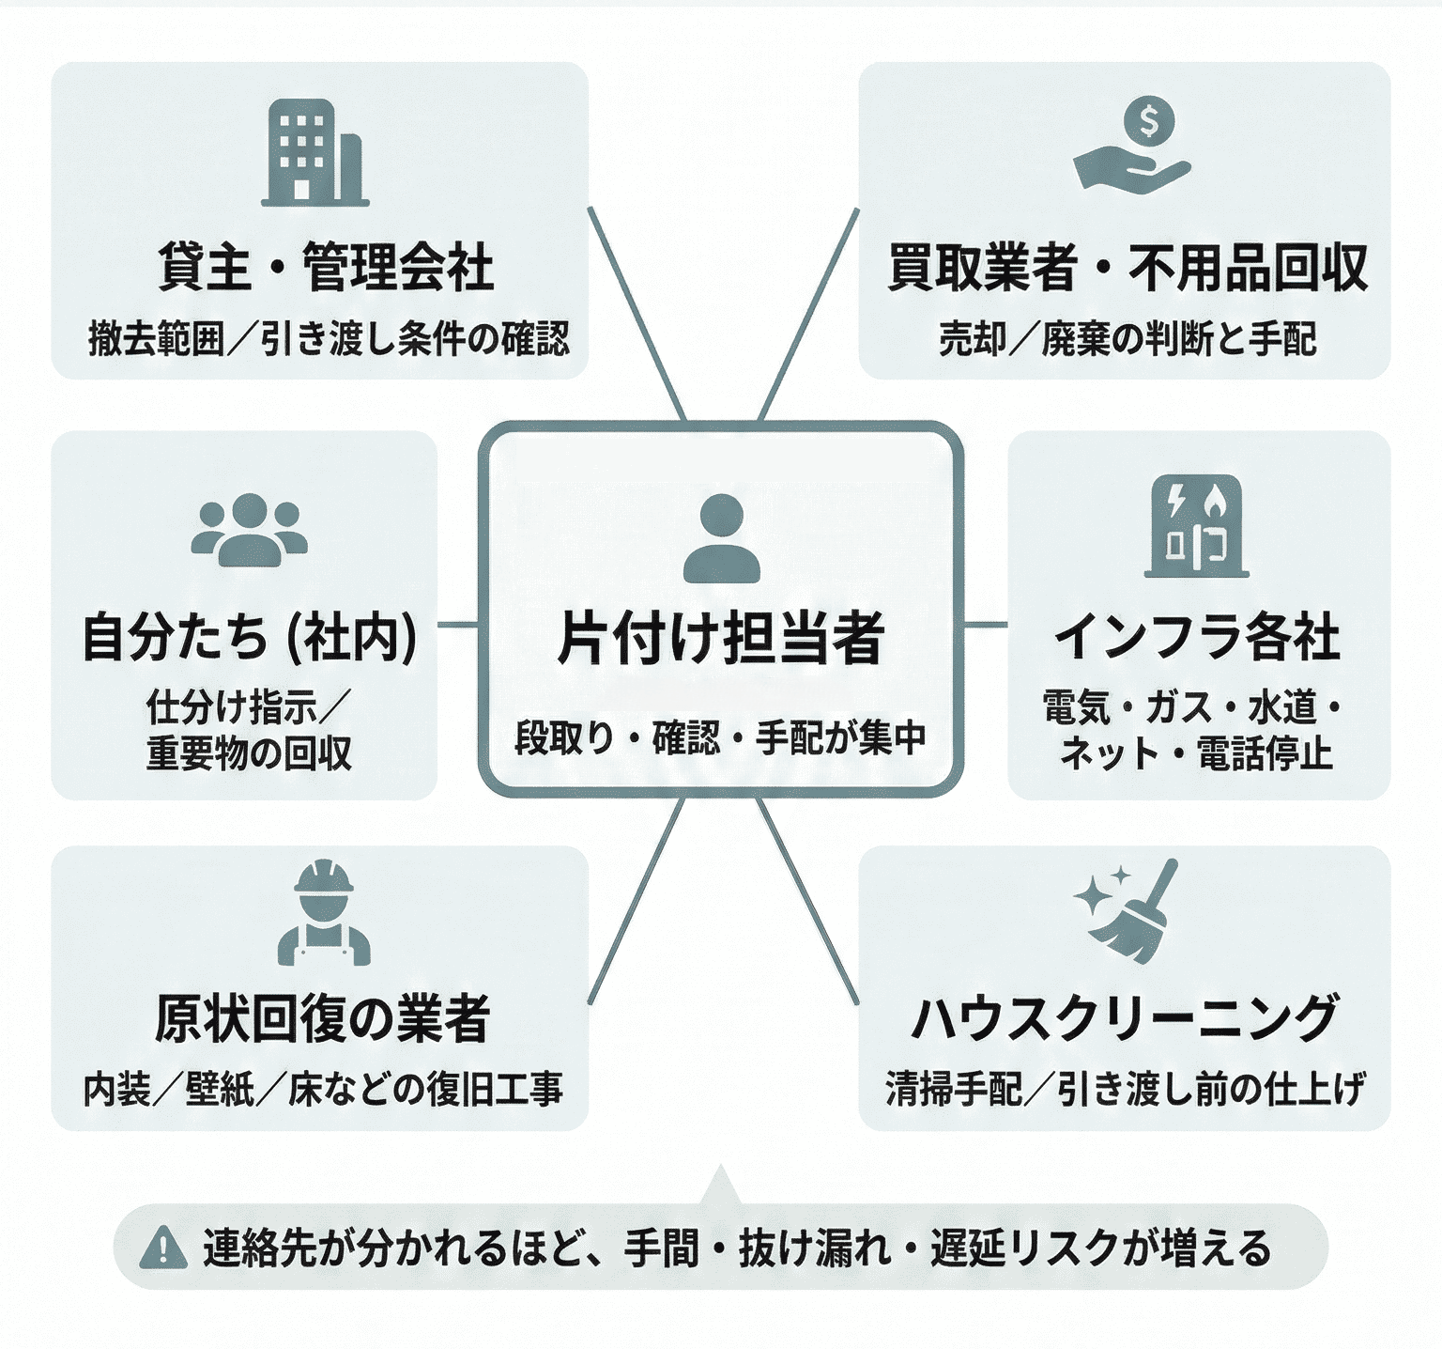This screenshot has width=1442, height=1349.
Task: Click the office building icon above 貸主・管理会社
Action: [x=314, y=152]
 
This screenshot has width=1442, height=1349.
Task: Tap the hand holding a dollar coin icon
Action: [x=1133, y=147]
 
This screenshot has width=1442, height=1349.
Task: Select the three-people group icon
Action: [x=249, y=529]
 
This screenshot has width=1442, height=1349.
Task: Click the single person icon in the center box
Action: [x=721, y=539]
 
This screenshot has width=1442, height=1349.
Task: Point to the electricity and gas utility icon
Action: [x=1197, y=528]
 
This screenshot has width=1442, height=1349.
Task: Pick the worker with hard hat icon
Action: [x=323, y=913]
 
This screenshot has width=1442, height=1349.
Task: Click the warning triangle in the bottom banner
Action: [x=163, y=1248]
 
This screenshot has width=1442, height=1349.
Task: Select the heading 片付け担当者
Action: [x=721, y=639]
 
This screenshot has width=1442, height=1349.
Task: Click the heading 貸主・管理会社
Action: [x=325, y=267]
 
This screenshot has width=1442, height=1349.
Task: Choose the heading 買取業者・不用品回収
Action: [x=1127, y=267]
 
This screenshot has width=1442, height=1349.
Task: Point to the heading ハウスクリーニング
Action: [x=1125, y=1018]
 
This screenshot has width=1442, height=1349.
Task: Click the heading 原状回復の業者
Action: [x=322, y=1018]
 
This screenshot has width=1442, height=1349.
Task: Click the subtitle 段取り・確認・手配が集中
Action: [x=721, y=738]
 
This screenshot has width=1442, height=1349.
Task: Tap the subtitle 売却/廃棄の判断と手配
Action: [x=1127, y=339]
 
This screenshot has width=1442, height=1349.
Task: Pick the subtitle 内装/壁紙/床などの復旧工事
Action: [x=323, y=1090]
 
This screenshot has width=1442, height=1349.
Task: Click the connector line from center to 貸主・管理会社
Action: [x=637, y=313]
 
